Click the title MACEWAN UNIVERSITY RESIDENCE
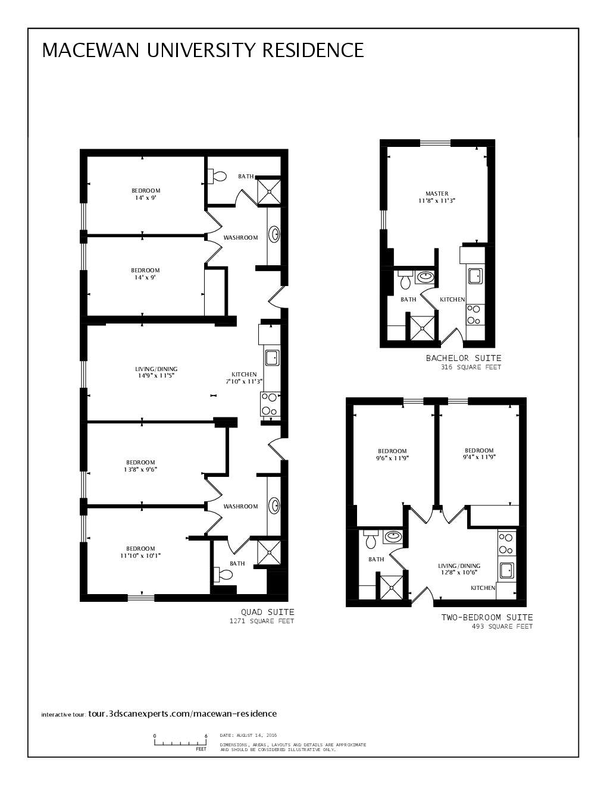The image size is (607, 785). [202, 50]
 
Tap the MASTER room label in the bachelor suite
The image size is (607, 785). [437, 197]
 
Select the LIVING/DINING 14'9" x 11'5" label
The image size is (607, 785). [156, 372]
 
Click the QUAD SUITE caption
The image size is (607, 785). [267, 612]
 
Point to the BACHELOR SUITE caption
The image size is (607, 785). [464, 358]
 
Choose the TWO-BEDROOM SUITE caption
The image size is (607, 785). [487, 617]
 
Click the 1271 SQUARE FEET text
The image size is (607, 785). [262, 621]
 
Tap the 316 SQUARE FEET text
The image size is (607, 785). [471, 368]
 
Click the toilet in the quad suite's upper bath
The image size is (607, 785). [217, 176]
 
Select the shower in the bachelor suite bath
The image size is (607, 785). [422, 327]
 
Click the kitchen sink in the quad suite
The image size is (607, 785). [272, 357]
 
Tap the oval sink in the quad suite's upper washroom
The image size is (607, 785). [275, 234]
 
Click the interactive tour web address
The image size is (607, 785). [182, 714]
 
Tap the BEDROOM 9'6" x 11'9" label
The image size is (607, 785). [392, 454]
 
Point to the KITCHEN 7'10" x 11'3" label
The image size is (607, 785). [244, 378]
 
